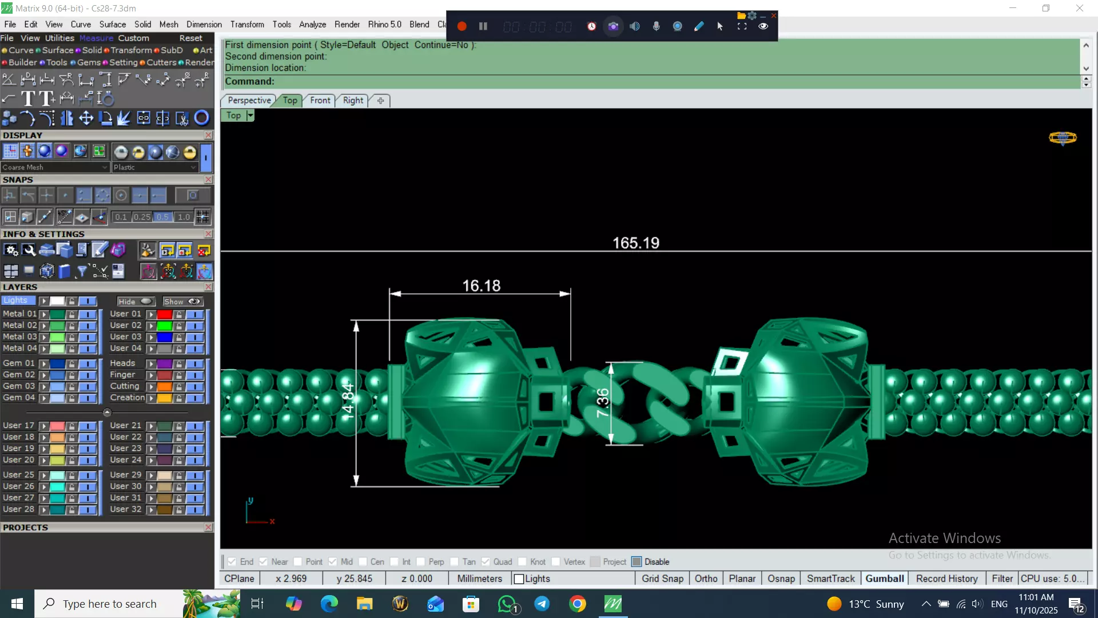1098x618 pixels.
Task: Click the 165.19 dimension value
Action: [635, 243]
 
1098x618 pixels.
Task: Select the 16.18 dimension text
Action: [481, 286]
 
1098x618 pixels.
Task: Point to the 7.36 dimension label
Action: [602, 402]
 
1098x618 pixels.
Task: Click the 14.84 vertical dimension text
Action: [348, 402]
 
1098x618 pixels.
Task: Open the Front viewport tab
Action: [320, 100]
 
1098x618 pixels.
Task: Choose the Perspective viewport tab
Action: [249, 100]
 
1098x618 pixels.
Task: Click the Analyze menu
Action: [312, 24]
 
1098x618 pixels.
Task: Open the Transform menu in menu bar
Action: [247, 24]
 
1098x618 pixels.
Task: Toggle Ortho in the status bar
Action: [706, 579]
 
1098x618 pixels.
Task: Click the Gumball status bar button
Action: [884, 579]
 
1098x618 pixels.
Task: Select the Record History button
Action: [946, 579]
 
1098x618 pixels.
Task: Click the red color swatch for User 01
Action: [165, 314]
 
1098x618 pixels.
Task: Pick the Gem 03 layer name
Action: [18, 386]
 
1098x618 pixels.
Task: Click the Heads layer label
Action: [122, 363]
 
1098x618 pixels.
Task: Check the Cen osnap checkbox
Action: [363, 562]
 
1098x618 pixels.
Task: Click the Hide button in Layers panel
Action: [135, 302]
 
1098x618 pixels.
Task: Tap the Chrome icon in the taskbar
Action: [578, 604]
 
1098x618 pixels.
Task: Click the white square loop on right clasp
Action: [730, 362]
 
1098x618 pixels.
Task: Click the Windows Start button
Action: [17, 604]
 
